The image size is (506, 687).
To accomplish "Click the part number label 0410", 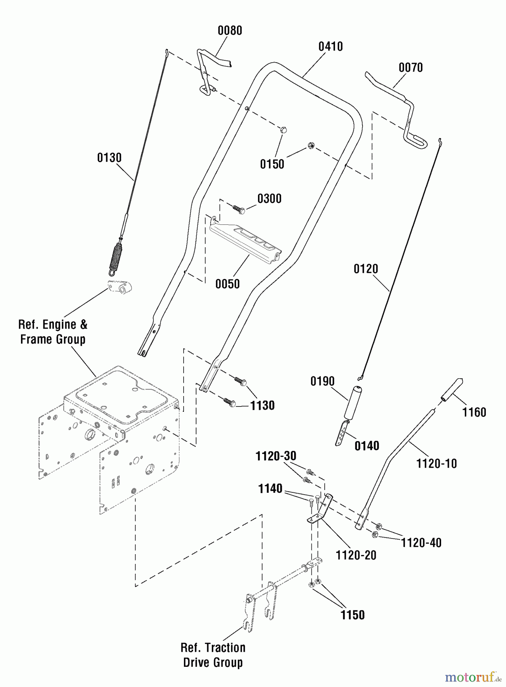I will point(330,47).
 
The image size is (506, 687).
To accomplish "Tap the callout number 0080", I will point(230,31).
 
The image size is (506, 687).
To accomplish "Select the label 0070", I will point(411,68).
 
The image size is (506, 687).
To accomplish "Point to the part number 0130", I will point(109,158).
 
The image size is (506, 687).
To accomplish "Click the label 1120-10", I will point(436,464).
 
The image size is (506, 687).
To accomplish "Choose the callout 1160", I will point(474,412).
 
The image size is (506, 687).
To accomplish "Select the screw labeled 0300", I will point(238,209).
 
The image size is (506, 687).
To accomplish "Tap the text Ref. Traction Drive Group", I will point(213,655).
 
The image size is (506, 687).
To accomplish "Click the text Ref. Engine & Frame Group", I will point(53,332).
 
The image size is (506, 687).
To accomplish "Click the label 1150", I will point(352,615).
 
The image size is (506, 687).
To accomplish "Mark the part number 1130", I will point(262,405).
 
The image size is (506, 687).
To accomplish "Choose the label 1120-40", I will point(421,543).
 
